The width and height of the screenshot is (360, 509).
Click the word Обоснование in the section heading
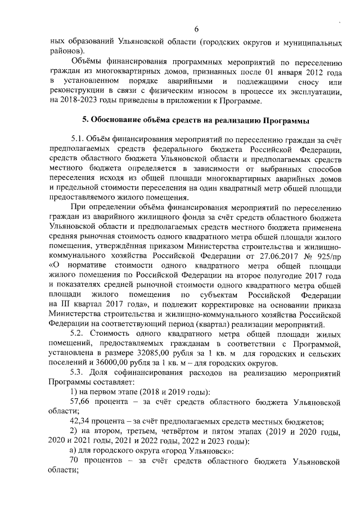click(116, 121)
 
